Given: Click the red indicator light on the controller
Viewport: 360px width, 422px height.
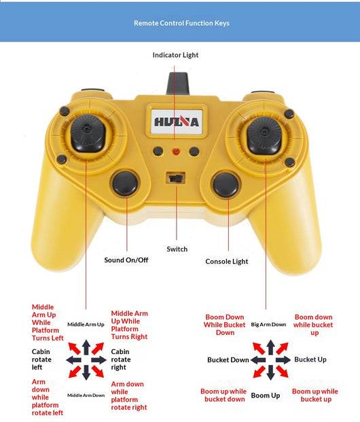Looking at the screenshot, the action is point(176,152).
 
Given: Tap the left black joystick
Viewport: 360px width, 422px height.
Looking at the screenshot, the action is point(88,134).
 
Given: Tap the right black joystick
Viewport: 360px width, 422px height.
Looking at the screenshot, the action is point(264,135).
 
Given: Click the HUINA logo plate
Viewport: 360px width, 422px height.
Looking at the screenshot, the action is point(177,122).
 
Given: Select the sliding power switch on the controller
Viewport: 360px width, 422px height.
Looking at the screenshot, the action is point(176,178).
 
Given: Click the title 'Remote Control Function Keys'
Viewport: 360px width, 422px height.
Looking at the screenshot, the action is point(181,23).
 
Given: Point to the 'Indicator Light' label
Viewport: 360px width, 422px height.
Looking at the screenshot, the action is point(175,55).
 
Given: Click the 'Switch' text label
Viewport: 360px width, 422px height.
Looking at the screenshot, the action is point(177,249).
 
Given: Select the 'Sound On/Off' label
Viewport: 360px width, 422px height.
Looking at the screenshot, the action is point(126,260).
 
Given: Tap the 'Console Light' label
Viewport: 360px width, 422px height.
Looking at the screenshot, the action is point(227,262).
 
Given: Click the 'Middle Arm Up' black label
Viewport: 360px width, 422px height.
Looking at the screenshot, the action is point(86,324).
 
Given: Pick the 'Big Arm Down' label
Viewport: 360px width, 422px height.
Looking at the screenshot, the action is point(268,324).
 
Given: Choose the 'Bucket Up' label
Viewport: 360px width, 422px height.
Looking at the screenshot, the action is point(310,359).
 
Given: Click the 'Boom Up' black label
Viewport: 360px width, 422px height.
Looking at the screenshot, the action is point(266,395).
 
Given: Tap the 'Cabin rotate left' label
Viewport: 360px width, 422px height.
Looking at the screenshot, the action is point(41,359).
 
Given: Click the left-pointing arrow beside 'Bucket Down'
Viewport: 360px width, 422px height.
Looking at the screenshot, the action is point(258,360).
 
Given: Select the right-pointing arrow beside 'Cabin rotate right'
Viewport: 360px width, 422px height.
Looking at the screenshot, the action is point(98,360).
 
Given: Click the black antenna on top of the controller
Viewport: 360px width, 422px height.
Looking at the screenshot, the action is point(177,84).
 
